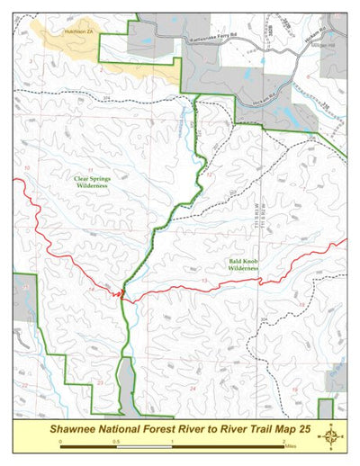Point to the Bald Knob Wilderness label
pyautogui.click(x=243, y=264)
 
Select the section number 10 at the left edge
pyautogui.click(x=27, y=168)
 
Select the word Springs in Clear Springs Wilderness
pyautogui.click(x=100, y=179)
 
